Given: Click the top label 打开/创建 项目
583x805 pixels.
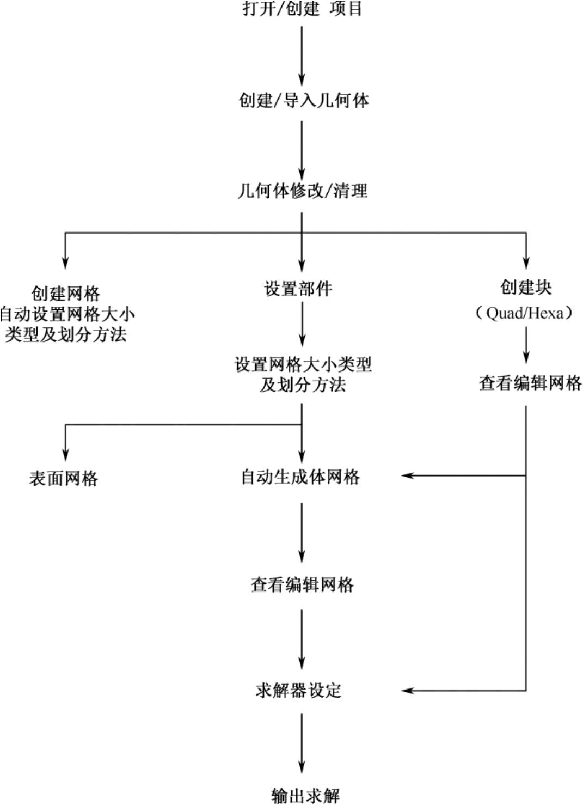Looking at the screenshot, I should pos(302,9).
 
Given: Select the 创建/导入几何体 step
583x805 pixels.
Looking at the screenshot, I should pos(303,100).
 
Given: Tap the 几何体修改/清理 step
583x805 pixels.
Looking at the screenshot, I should pos(302,191).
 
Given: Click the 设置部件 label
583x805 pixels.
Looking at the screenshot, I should pos(298,289).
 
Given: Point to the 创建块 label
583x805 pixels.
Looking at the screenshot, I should pos(526,288).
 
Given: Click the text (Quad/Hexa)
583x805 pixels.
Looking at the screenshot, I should pos(525,313).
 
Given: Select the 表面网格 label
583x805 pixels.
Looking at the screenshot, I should pos(64,479).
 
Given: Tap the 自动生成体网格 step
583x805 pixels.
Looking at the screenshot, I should pos(300,477).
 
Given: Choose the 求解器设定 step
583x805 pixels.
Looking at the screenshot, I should pos(298,690).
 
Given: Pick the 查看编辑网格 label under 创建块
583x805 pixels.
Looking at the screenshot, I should pos(530,383).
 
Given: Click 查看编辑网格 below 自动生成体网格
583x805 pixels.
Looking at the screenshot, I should pos(302,584).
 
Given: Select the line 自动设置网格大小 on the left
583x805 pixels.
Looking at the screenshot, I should pos(66,314).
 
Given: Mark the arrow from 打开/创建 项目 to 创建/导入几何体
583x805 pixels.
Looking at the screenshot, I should pos(302,54).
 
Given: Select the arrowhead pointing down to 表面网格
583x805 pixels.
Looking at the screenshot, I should pos(65,454).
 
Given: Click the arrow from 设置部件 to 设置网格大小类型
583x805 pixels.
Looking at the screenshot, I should pos(302,327).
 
